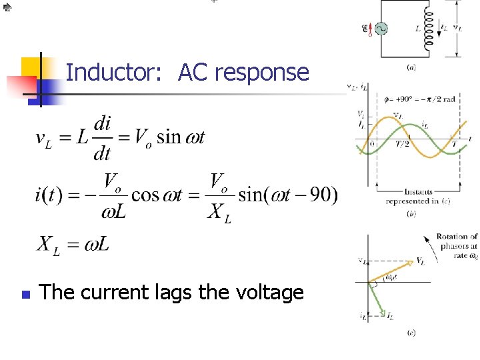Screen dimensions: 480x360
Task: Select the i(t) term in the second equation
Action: pos(54,195)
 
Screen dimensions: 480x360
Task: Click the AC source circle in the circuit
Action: pos(381,29)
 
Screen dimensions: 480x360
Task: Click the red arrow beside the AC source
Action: pos(370,29)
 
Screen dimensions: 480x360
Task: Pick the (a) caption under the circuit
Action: pos(411,67)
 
